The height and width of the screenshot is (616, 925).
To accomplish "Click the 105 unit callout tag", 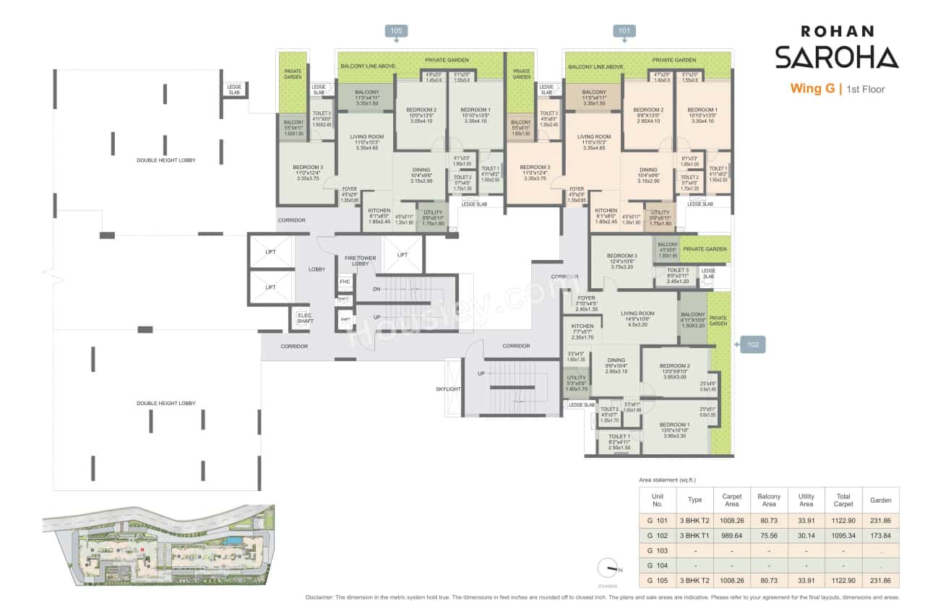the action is point(396,30).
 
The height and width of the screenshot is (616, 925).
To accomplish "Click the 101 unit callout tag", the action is point(624,30).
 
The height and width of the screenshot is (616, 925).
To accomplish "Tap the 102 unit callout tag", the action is point(752,345).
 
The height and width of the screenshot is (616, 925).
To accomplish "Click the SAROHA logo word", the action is point(836,58).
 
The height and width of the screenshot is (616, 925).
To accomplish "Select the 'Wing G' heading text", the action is point(812,90).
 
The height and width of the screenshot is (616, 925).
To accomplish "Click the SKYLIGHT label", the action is point(448,389).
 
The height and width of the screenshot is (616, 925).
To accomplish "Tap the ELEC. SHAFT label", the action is point(305,318).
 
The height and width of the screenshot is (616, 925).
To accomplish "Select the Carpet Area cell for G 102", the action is point(732,534).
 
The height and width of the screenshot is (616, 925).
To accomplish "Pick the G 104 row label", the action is point(657,565).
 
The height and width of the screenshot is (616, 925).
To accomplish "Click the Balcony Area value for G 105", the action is point(769,581).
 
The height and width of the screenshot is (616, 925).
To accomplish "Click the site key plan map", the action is point(157,542).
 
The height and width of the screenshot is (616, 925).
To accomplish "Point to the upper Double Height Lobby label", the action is point(166,160).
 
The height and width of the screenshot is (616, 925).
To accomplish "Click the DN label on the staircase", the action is point(377,288).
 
